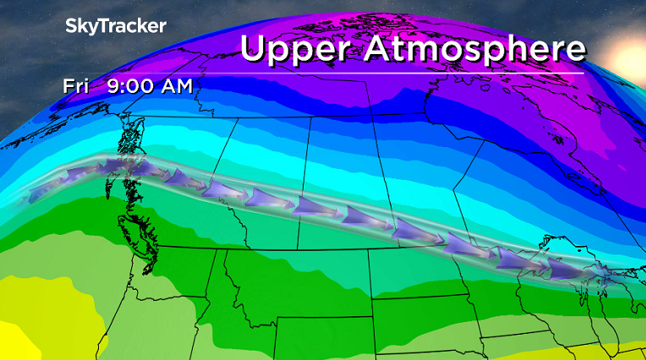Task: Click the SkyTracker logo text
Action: coord(116,26)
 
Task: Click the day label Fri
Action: coord(79,85)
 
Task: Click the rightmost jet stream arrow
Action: coord(565,269)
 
